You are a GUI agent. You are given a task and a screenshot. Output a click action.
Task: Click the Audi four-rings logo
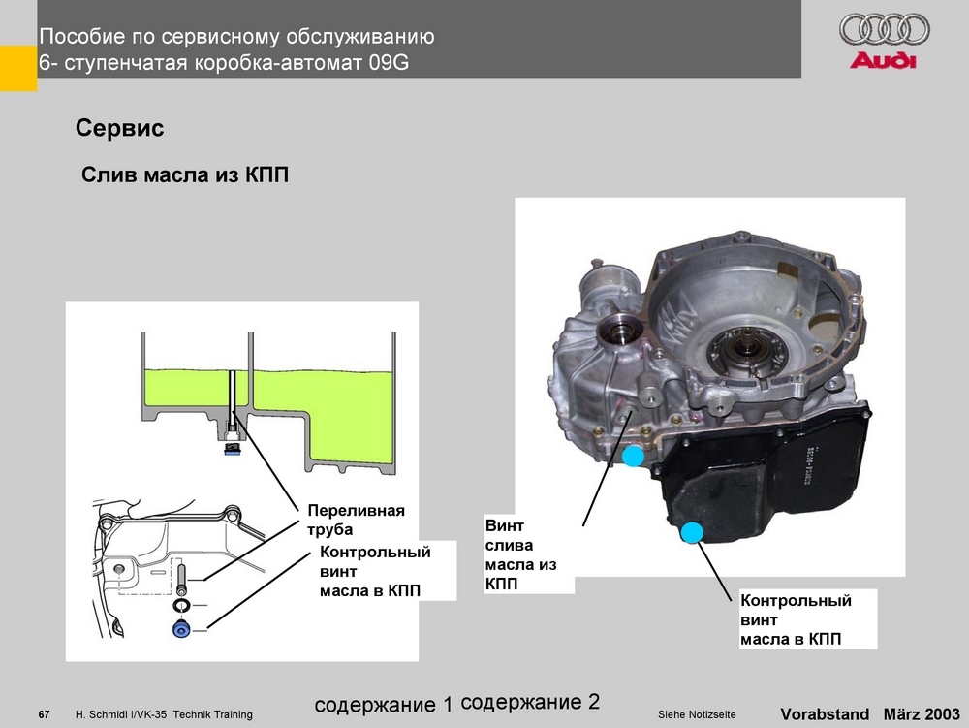click(883, 30)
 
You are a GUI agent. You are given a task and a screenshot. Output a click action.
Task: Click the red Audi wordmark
click(883, 61)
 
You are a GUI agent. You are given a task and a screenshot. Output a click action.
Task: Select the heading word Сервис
click(119, 129)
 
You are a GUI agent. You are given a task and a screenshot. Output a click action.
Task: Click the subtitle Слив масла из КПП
click(184, 175)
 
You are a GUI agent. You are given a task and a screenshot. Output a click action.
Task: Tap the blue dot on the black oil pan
click(692, 531)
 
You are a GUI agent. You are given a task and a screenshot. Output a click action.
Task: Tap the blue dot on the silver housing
click(633, 456)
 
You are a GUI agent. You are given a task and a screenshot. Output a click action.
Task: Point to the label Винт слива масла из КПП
click(521, 555)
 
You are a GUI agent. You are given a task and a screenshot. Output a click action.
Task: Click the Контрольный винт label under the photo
click(796, 619)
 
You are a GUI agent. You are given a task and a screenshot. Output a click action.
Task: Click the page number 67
click(44, 715)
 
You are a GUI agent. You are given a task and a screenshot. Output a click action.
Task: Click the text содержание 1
click(384, 705)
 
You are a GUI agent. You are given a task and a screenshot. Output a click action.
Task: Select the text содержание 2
click(531, 701)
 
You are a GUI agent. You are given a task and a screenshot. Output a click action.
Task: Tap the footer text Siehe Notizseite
click(696, 715)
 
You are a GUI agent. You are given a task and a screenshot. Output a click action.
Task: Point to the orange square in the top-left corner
click(17, 69)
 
